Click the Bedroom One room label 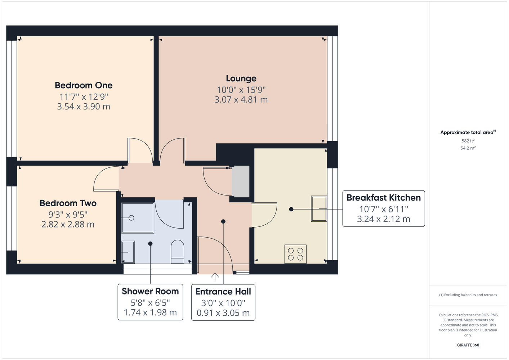pos(84,85)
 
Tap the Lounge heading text pos(241,78)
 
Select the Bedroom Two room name pos(68,203)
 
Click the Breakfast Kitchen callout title pos(384,198)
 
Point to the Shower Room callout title pos(150,291)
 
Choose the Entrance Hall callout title pos(223,291)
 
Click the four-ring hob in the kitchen pos(295,254)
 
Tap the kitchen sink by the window pos(319,208)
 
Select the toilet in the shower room pos(177,252)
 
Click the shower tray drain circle pos(131,218)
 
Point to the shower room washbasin pos(128,252)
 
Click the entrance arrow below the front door pos(215,276)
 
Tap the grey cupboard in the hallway pos(240,181)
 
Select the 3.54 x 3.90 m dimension pos(84,107)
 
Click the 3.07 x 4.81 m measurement pos(241,99)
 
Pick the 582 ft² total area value pos(468,141)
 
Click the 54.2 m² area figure pos(468,148)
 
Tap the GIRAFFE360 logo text pos(468,345)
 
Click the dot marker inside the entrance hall pos(223,221)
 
